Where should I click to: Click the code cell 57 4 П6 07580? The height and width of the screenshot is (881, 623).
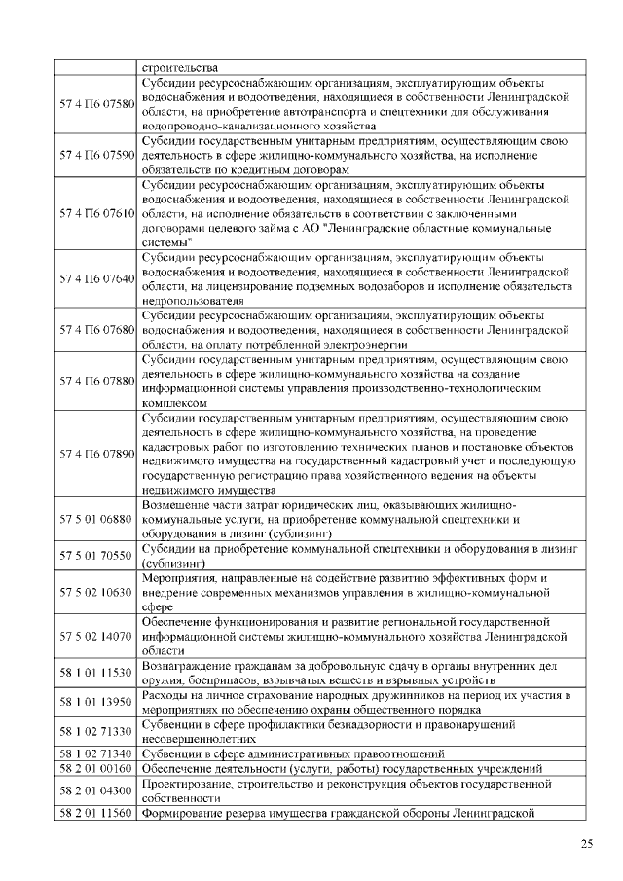(96, 103)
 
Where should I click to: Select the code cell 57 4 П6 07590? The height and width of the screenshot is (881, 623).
(96, 155)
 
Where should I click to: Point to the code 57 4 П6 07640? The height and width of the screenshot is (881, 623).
(96, 278)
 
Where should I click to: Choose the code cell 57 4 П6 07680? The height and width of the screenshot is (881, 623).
(96, 330)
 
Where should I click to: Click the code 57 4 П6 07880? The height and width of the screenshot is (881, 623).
(96, 381)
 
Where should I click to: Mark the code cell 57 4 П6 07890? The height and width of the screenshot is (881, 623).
(96, 454)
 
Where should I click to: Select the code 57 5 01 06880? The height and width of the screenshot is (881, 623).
(96, 520)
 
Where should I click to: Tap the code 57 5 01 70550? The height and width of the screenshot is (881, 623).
(96, 556)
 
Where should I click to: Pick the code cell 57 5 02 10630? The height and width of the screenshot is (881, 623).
(96, 592)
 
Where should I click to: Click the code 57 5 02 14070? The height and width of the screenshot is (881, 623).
(96, 636)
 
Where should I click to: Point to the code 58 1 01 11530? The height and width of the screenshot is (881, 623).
(96, 673)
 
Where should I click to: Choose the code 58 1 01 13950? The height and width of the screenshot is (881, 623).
(96, 702)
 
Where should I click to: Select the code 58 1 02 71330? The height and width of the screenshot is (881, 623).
(96, 731)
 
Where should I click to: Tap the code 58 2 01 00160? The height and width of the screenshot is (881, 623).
(96, 768)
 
